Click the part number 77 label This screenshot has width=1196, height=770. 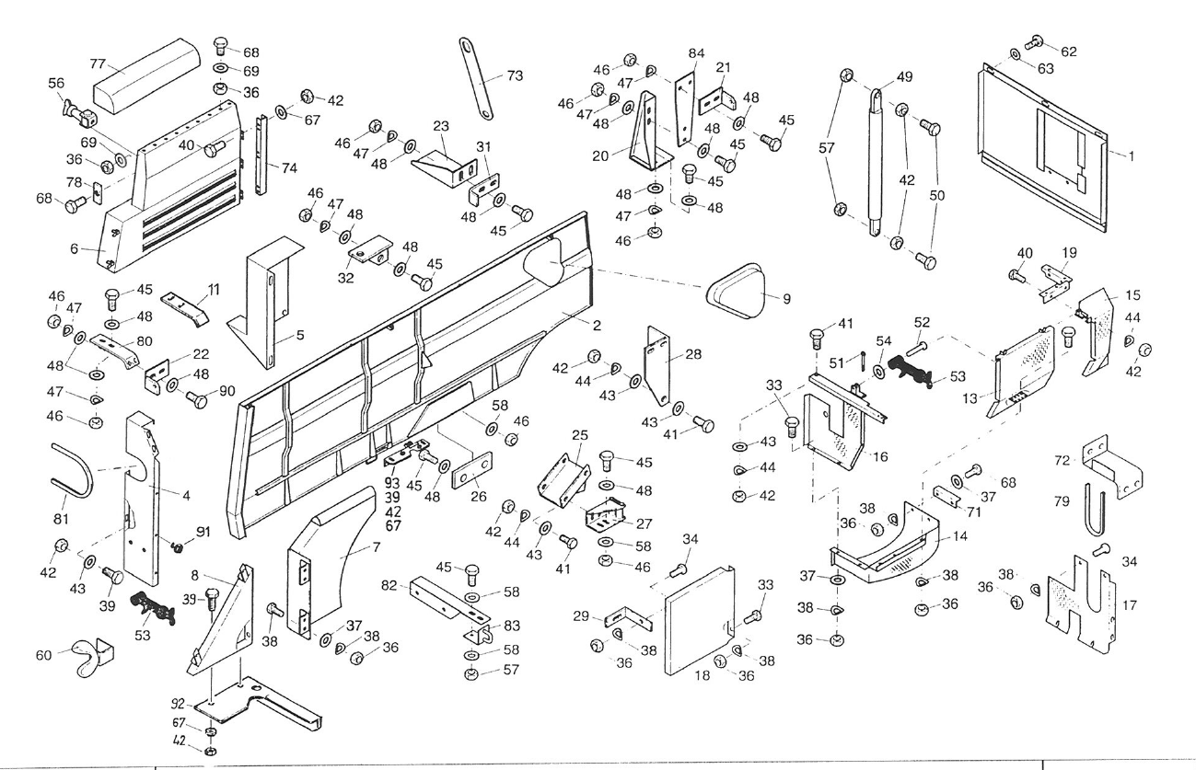tap(98, 63)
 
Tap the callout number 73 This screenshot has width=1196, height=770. tap(514, 75)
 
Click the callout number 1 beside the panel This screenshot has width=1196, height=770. tap(1132, 155)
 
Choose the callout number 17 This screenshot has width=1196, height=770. tap(1130, 606)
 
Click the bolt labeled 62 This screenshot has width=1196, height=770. tap(1035, 40)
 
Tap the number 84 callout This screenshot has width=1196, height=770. tap(696, 52)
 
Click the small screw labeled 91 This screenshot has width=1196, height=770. tap(179, 546)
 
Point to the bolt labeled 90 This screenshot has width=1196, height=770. tap(197, 399)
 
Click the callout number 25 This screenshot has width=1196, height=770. tap(579, 434)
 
